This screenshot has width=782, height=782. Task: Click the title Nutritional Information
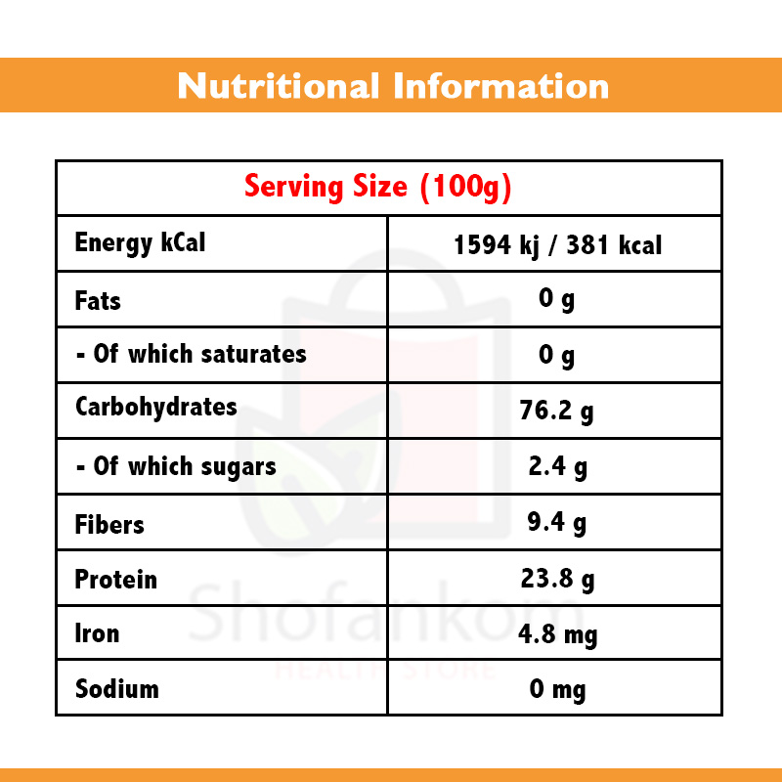click(x=392, y=86)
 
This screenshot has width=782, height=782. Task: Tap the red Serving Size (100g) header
click(x=378, y=186)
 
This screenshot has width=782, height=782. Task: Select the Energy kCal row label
click(x=140, y=242)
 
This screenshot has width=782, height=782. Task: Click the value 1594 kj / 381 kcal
click(x=557, y=244)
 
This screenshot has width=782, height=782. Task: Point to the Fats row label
click(x=98, y=300)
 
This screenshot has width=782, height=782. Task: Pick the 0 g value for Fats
click(x=556, y=300)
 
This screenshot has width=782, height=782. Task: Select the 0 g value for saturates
click(x=556, y=356)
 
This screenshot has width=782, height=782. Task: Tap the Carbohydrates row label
click(x=155, y=408)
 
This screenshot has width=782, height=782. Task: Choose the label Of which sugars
click(x=176, y=467)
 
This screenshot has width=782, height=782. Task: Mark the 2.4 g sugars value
click(x=556, y=467)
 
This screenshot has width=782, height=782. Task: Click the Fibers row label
click(x=109, y=525)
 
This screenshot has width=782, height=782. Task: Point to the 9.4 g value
click(x=556, y=524)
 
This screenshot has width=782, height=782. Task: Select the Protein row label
click(x=115, y=580)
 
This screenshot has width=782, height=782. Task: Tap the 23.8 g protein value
click(x=556, y=580)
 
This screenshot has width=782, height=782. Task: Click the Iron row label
click(x=97, y=633)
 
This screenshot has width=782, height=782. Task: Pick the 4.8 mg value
click(x=556, y=634)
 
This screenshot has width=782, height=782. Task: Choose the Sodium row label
click(x=116, y=689)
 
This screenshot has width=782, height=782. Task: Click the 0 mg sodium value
click(x=556, y=690)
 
